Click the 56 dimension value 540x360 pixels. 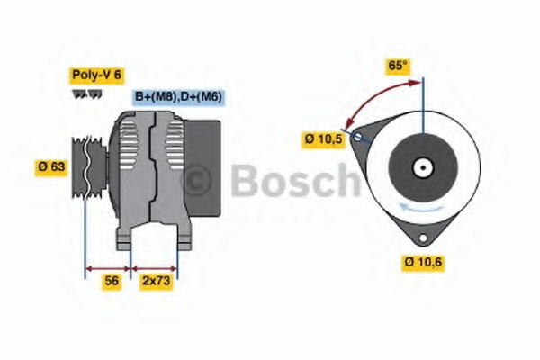tap(112, 280)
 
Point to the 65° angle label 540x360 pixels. tap(397, 66)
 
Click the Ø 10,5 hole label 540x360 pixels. tap(325, 139)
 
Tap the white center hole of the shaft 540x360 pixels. tap(422, 167)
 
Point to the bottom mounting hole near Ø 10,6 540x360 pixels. tap(423, 237)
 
